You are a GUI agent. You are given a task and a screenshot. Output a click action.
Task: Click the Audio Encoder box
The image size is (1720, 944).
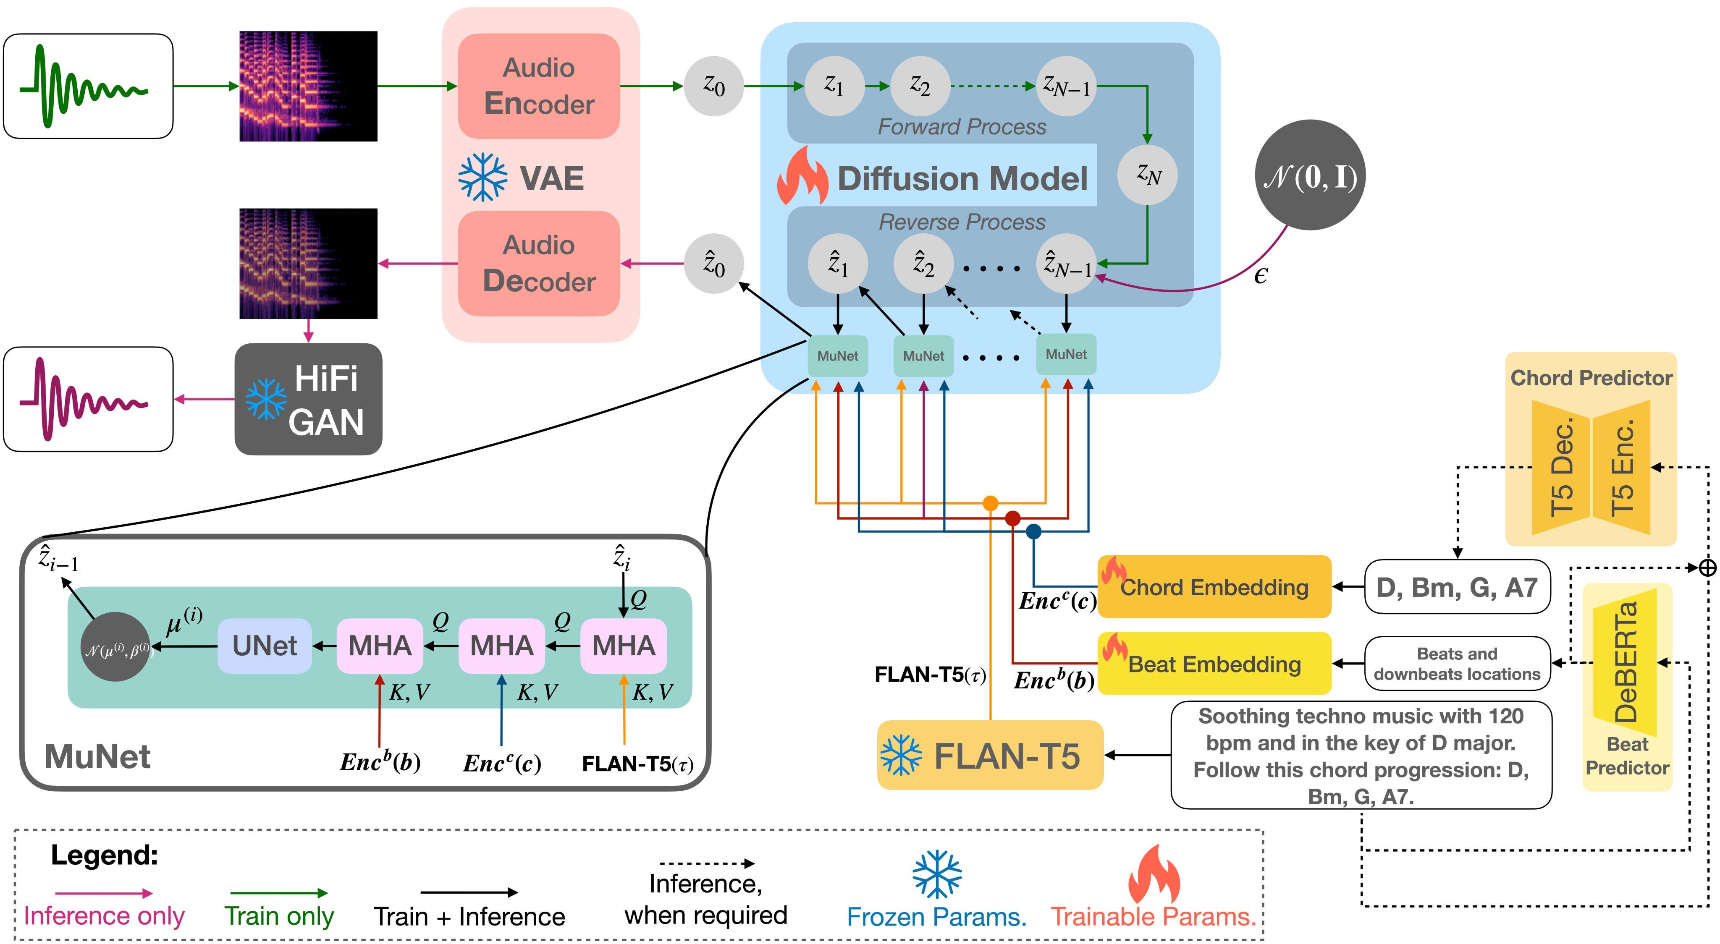(539, 86)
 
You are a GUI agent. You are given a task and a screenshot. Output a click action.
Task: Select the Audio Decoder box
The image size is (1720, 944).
(539, 263)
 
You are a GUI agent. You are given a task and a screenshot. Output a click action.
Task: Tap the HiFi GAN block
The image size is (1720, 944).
(309, 399)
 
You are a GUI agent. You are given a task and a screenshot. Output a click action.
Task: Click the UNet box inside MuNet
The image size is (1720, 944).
(265, 646)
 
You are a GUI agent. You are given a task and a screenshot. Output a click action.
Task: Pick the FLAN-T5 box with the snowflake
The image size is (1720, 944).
(990, 755)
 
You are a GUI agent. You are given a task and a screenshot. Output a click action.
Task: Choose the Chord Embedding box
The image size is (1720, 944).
(1214, 587)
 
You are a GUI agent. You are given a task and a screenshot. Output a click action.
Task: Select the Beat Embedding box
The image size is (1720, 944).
(1214, 664)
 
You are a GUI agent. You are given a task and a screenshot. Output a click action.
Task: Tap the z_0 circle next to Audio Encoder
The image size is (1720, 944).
(714, 86)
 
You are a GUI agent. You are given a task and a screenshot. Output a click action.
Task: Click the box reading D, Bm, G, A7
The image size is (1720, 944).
(1458, 587)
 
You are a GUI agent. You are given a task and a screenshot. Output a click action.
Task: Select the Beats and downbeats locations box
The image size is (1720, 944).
(1458, 664)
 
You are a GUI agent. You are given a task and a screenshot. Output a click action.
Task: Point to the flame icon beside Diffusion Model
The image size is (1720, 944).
(802, 175)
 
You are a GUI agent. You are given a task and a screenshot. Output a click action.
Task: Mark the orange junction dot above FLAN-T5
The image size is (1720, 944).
(990, 503)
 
